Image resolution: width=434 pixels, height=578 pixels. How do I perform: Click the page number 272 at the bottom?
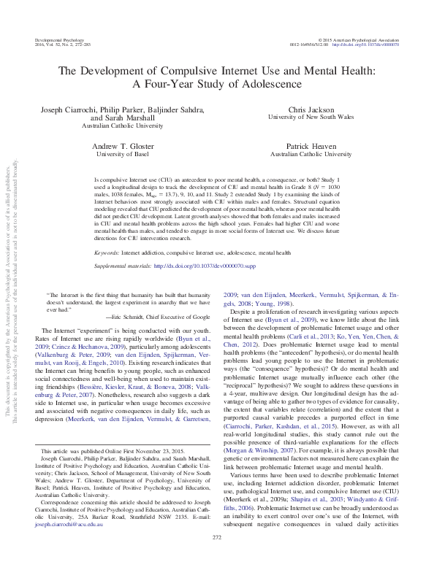[x=216, y=558]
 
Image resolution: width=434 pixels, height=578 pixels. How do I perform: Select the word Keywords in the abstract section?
[x=107, y=253]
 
